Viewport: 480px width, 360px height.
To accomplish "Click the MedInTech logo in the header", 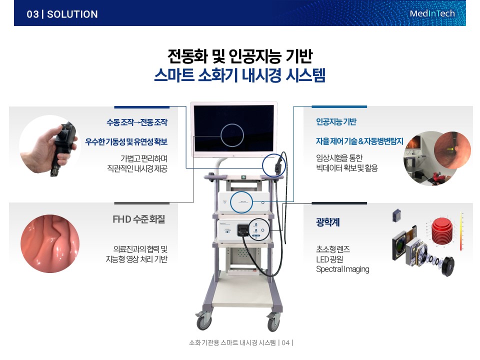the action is [x=432, y=13].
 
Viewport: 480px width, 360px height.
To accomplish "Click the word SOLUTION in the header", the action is [x=72, y=14].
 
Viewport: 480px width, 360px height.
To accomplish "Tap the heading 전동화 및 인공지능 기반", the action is [x=240, y=55].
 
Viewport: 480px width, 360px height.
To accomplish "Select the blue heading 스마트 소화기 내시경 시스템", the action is [x=239, y=75].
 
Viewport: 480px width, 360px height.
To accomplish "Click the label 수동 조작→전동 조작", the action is [x=137, y=122].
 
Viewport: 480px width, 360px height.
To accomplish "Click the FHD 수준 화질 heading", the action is [x=138, y=219].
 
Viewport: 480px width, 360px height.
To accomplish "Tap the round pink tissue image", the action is [x=50, y=243].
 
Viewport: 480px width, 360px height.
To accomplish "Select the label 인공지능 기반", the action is [x=336, y=122].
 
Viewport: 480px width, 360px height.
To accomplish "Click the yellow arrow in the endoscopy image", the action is [x=450, y=149].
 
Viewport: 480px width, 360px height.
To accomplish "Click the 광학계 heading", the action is [x=328, y=222].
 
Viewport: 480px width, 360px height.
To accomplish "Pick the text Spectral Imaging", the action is [x=342, y=269].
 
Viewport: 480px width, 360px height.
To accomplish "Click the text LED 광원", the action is [x=329, y=259].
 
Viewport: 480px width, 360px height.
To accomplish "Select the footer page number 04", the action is [x=285, y=343].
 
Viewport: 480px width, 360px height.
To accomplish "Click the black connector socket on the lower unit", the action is [x=243, y=230].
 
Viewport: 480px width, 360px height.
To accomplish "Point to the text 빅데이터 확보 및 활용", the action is [x=347, y=168].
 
